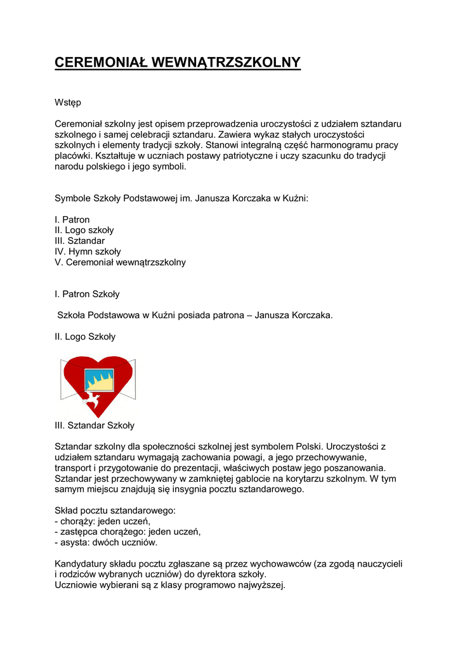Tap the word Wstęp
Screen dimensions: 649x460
[68, 103]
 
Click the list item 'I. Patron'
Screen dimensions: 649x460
[72, 219]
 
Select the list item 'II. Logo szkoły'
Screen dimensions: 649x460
[84, 230]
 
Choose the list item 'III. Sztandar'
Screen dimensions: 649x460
[80, 241]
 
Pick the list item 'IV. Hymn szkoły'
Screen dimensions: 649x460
[88, 252]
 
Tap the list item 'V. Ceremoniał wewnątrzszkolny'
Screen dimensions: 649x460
[121, 262]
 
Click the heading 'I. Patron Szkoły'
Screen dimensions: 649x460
[87, 294]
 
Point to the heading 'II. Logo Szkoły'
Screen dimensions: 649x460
[85, 337]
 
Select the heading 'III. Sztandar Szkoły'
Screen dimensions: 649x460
[95, 425]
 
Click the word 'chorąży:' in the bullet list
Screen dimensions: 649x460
[77, 521]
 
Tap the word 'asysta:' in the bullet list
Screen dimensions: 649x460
[75, 543]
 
